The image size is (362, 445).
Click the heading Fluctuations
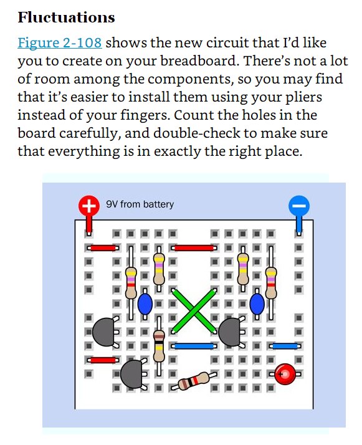click(x=66, y=17)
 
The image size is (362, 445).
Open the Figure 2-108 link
click(x=60, y=43)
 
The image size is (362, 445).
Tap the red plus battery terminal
click(x=89, y=206)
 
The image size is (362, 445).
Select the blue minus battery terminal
click(x=298, y=206)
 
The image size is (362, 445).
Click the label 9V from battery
click(x=140, y=204)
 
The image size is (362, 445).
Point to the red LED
click(x=285, y=374)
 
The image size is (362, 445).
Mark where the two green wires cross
click(x=194, y=310)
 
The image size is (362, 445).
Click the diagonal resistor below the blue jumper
click(x=194, y=381)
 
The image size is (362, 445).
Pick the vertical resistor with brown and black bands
click(x=159, y=346)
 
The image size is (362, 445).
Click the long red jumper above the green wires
click(x=194, y=248)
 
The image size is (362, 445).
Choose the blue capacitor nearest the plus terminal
click(x=145, y=304)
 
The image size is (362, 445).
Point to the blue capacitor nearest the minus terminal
click(x=257, y=304)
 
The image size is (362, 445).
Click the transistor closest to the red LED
click(x=230, y=332)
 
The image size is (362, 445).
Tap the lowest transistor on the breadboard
click(x=132, y=374)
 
